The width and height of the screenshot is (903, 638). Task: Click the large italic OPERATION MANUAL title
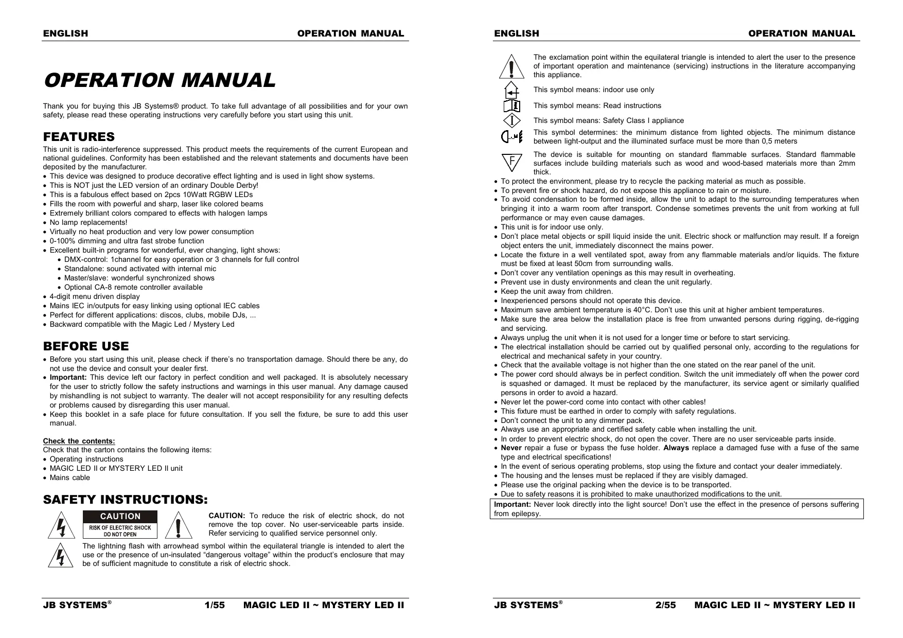coord(160,80)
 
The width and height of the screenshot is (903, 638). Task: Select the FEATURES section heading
coord(79,137)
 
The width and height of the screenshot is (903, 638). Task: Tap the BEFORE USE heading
coord(86,346)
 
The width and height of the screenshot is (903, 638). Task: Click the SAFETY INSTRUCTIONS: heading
coord(126,500)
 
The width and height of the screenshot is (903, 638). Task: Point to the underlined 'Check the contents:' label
coord(79,441)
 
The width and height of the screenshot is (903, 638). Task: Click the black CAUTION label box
coord(120,516)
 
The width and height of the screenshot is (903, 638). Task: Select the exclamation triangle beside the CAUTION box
coord(178,525)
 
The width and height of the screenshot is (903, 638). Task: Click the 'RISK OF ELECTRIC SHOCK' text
coord(120,527)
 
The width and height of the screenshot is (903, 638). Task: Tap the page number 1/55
coord(215,605)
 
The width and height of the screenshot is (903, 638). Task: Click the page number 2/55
coord(665,605)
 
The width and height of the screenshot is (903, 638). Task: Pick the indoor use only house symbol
coord(511,90)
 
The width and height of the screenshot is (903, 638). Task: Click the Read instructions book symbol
coord(511,106)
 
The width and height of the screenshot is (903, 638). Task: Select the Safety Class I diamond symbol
coord(511,120)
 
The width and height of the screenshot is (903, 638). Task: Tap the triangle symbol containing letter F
coord(511,162)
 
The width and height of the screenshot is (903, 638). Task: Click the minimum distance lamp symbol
coord(511,136)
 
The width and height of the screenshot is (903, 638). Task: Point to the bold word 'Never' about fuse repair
coord(511,448)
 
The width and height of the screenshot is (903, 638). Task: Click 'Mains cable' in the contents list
coord(69,477)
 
